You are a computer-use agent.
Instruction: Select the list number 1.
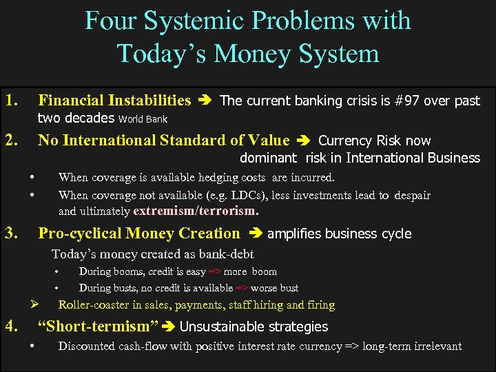click(x=11, y=101)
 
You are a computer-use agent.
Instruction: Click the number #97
click(x=404, y=101)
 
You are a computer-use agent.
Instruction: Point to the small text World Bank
click(x=143, y=119)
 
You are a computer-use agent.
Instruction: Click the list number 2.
click(x=11, y=141)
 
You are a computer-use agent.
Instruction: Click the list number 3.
click(x=11, y=233)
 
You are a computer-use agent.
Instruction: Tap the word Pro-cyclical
click(x=80, y=234)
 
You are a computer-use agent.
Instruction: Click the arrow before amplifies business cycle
click(x=256, y=234)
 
